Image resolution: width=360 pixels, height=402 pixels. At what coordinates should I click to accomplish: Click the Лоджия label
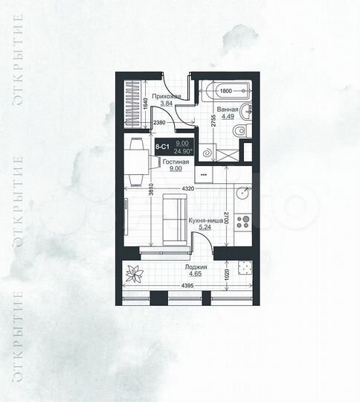(196, 267)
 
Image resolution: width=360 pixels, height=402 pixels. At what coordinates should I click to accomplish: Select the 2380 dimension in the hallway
(158, 123)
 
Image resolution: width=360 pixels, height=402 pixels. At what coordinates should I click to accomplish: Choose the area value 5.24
(205, 228)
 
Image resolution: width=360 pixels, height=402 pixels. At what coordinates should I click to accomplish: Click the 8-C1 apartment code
(161, 147)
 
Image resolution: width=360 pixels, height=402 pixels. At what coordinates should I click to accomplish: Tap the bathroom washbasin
(247, 110)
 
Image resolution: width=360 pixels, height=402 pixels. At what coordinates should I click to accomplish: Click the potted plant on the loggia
(134, 274)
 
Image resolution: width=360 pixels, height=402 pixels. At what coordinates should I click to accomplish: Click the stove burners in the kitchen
(242, 220)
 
